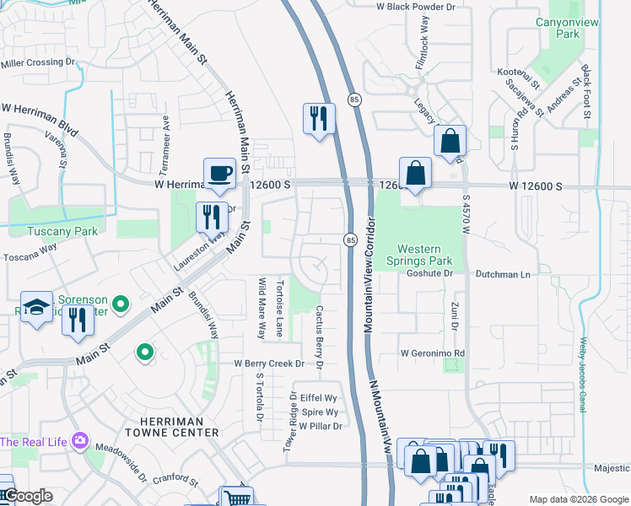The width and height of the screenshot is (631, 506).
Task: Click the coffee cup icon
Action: (219, 173)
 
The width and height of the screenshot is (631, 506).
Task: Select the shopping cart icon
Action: (237, 498)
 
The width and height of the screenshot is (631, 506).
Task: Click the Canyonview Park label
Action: (558, 28)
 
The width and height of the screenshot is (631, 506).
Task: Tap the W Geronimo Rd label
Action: (432, 353)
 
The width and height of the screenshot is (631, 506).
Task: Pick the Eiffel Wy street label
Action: (318, 397)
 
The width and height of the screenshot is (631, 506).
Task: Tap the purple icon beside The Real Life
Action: (80, 441)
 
